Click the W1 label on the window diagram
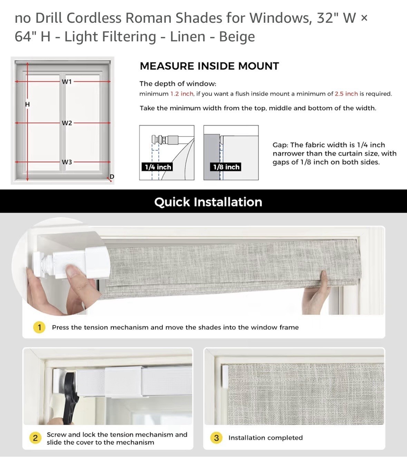(67, 82)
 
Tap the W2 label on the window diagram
(67, 123)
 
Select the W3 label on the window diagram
(67, 162)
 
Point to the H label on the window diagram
(27, 104)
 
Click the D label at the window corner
(112, 176)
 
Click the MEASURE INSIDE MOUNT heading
(209, 66)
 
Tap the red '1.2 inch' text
(182, 94)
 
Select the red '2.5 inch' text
(346, 94)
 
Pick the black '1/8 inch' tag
(226, 167)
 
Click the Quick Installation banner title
(208, 202)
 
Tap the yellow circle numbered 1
(39, 327)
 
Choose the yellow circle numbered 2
(35, 438)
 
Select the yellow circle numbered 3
(216, 438)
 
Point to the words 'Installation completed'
(265, 438)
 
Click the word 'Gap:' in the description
(280, 145)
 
